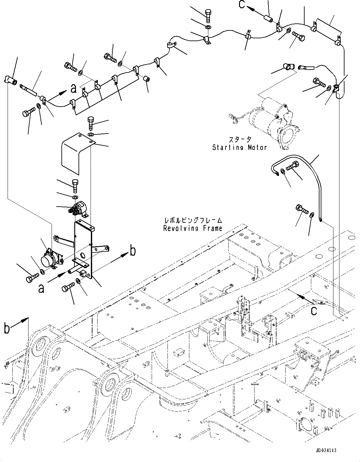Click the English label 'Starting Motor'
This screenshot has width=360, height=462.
click(239, 147)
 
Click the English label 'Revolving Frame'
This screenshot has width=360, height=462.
click(193, 228)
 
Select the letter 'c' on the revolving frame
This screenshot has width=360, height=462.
click(313, 311)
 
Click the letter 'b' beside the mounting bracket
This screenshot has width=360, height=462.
click(133, 251)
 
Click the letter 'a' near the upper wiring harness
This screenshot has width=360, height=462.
click(73, 89)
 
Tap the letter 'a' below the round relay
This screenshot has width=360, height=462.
click(41, 288)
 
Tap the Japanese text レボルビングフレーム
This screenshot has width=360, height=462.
click(193, 221)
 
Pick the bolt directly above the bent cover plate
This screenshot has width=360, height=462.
click(91, 123)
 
